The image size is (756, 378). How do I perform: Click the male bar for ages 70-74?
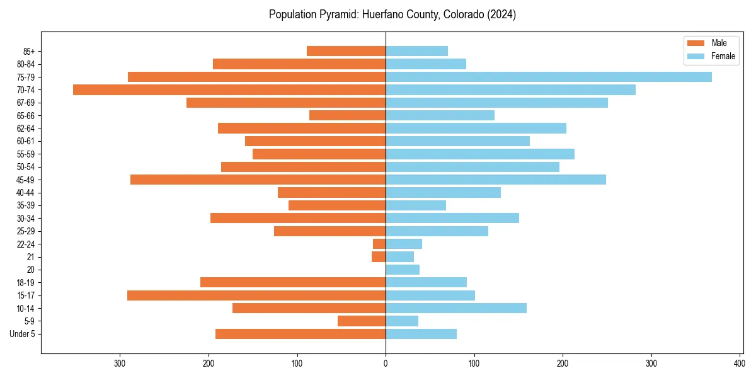(x=229, y=90)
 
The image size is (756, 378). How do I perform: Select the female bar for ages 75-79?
(x=548, y=77)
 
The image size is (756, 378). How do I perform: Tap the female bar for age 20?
(x=403, y=270)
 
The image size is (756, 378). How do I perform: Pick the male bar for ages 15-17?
(x=256, y=295)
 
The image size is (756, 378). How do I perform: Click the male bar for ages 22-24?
(x=379, y=244)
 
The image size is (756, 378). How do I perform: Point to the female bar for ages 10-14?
(x=456, y=308)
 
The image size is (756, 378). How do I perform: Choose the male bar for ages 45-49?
(x=258, y=180)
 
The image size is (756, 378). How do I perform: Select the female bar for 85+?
(x=416, y=51)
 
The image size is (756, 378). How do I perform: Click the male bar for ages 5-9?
(x=362, y=321)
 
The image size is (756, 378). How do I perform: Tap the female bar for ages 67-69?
(x=496, y=103)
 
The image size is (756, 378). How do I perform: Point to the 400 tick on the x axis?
(x=740, y=363)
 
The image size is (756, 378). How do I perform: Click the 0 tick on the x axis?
(x=386, y=363)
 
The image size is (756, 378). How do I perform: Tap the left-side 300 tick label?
(x=120, y=363)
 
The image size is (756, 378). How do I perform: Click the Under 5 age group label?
(x=22, y=334)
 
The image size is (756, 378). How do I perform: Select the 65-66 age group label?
(x=26, y=115)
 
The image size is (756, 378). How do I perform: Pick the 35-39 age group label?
(x=26, y=205)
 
